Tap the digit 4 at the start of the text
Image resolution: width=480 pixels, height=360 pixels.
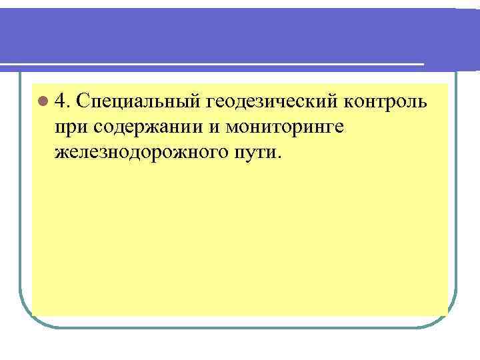point(61,102)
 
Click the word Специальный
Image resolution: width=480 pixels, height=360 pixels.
point(138,103)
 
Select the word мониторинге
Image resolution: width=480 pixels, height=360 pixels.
point(283,127)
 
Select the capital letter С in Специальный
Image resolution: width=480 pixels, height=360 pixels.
point(83,102)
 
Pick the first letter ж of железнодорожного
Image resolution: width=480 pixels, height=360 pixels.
point(62,153)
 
